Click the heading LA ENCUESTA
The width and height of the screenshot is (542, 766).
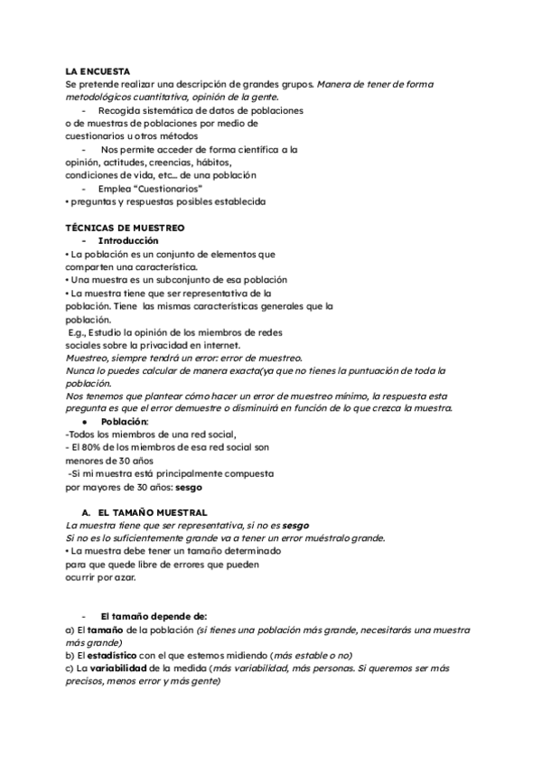click(x=98, y=71)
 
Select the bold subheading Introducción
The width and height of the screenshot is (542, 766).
click(x=127, y=241)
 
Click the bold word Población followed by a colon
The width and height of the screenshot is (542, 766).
click(x=125, y=422)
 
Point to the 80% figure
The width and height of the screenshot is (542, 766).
click(x=91, y=447)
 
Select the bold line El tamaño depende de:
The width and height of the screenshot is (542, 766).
click(x=142, y=616)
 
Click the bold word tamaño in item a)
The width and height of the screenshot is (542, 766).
click(x=105, y=629)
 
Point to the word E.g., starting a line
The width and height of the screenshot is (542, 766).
click(x=79, y=332)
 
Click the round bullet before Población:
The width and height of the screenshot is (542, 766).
click(x=83, y=422)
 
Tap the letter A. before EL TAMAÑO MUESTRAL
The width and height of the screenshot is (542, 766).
click(x=86, y=511)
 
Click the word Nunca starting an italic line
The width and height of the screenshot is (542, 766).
click(x=81, y=371)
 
